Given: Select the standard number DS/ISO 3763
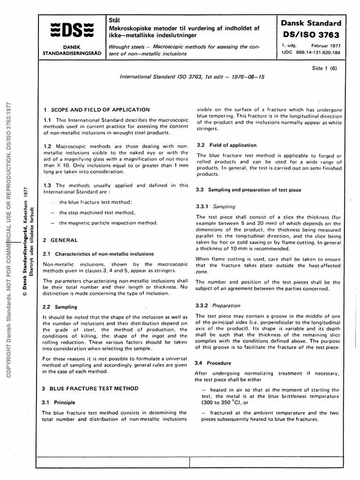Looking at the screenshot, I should click(311, 35).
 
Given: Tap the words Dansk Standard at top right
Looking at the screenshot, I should click(311, 22).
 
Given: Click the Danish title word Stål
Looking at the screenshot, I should click(114, 21).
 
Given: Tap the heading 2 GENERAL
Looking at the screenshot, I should click(60, 240).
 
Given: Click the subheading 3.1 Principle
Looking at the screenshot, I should click(58, 402).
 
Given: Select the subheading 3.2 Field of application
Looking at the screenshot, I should click(226, 145).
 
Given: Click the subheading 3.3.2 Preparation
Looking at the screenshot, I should click(218, 304).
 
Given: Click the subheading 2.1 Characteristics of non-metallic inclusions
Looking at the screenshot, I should click(94, 254).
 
